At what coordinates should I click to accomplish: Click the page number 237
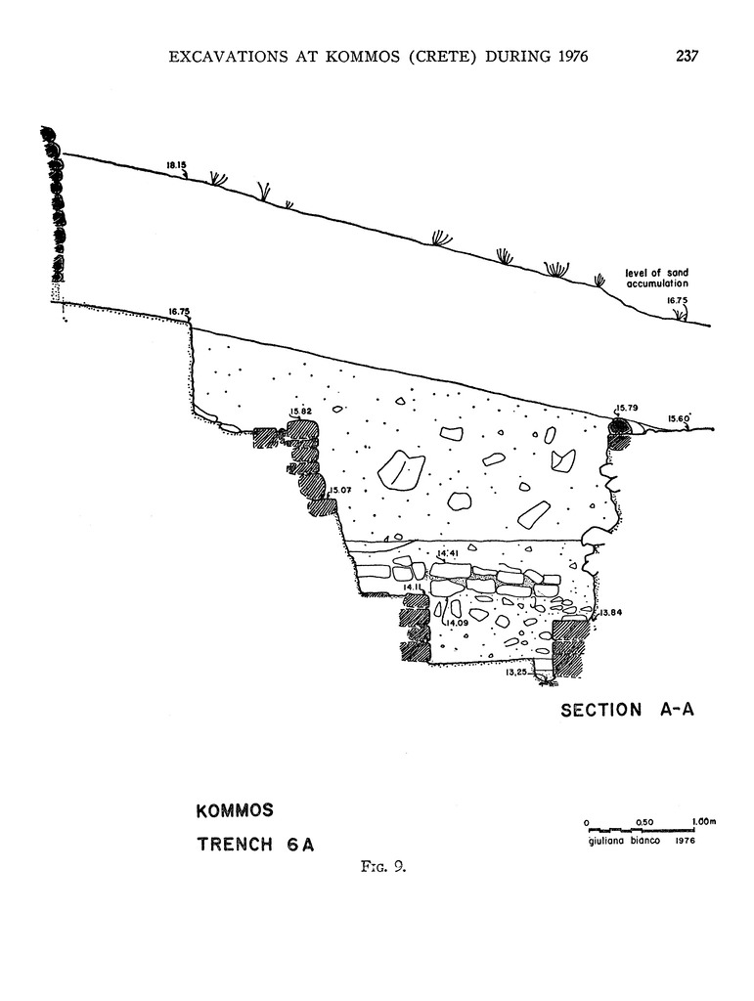coord(687,56)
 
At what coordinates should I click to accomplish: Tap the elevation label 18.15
coord(175,165)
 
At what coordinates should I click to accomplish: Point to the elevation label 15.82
coord(300,412)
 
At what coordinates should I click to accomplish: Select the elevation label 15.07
coord(339,490)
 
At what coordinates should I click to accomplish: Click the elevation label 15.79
coord(626,408)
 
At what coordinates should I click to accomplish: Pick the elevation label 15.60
coord(679,418)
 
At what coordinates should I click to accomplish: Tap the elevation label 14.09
coord(458,623)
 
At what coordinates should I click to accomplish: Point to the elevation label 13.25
coord(516,673)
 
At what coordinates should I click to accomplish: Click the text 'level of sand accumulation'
coord(663,278)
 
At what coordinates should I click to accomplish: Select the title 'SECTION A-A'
coord(627,710)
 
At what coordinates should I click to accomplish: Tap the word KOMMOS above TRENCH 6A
coord(234,811)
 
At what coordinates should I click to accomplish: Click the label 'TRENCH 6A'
coord(255,845)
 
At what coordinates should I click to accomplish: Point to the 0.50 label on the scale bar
coord(644,821)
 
